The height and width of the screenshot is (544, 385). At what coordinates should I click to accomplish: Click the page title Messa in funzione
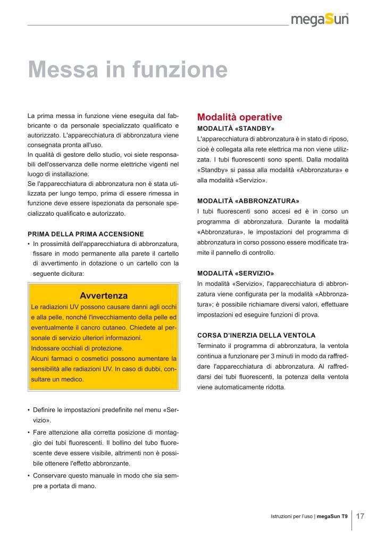128,70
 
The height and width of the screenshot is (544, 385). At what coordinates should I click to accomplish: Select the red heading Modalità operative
239,117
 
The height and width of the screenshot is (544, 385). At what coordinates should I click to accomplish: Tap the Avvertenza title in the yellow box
103,295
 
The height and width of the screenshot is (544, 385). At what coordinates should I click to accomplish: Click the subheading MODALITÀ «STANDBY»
236,129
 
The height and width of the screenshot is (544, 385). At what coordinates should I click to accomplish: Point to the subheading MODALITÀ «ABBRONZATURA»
248,201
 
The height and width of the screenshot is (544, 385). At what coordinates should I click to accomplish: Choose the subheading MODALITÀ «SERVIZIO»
236,273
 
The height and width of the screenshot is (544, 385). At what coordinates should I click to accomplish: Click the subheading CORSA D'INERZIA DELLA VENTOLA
256,335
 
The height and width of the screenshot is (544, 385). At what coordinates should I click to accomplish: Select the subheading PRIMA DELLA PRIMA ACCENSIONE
86,234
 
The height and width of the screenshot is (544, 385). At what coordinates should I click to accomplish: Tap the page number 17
360,516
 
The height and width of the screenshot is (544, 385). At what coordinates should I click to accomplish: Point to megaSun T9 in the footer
332,516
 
